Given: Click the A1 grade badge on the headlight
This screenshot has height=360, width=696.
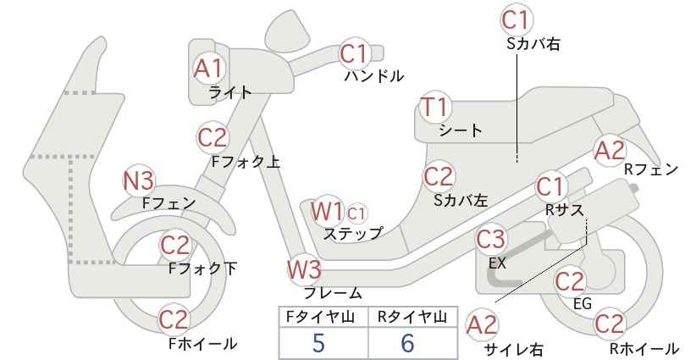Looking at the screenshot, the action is [207, 69].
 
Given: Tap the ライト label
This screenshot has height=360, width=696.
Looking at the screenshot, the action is [230, 92].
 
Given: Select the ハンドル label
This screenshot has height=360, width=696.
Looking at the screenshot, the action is [374, 76].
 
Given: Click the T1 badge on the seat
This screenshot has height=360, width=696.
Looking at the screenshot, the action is [435, 108].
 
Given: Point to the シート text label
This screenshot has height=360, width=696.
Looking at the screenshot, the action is [461, 130].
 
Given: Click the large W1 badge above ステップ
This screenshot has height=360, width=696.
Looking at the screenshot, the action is [327, 212].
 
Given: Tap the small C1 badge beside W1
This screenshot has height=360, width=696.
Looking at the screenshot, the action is [356, 214].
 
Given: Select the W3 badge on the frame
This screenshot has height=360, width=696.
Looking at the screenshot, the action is [305, 269].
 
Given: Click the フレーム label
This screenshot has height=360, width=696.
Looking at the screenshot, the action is [333, 293].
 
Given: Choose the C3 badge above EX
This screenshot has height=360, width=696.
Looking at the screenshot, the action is [491, 240].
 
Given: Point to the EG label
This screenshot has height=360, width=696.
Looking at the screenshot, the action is [583, 303].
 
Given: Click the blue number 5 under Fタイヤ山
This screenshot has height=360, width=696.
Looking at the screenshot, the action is [318, 342].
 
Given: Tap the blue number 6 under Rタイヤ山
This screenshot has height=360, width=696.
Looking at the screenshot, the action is [407, 342].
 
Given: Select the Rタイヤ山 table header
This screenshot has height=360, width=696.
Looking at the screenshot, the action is [412, 317].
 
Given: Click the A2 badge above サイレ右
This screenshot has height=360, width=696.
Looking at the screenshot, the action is [483, 325].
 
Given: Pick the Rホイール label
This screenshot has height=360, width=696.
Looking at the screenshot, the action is [644, 348].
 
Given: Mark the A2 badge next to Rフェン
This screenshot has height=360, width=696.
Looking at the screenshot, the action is [609, 151].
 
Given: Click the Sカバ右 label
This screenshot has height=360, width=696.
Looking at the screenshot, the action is [533, 43].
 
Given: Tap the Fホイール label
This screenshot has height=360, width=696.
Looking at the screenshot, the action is [203, 344].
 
